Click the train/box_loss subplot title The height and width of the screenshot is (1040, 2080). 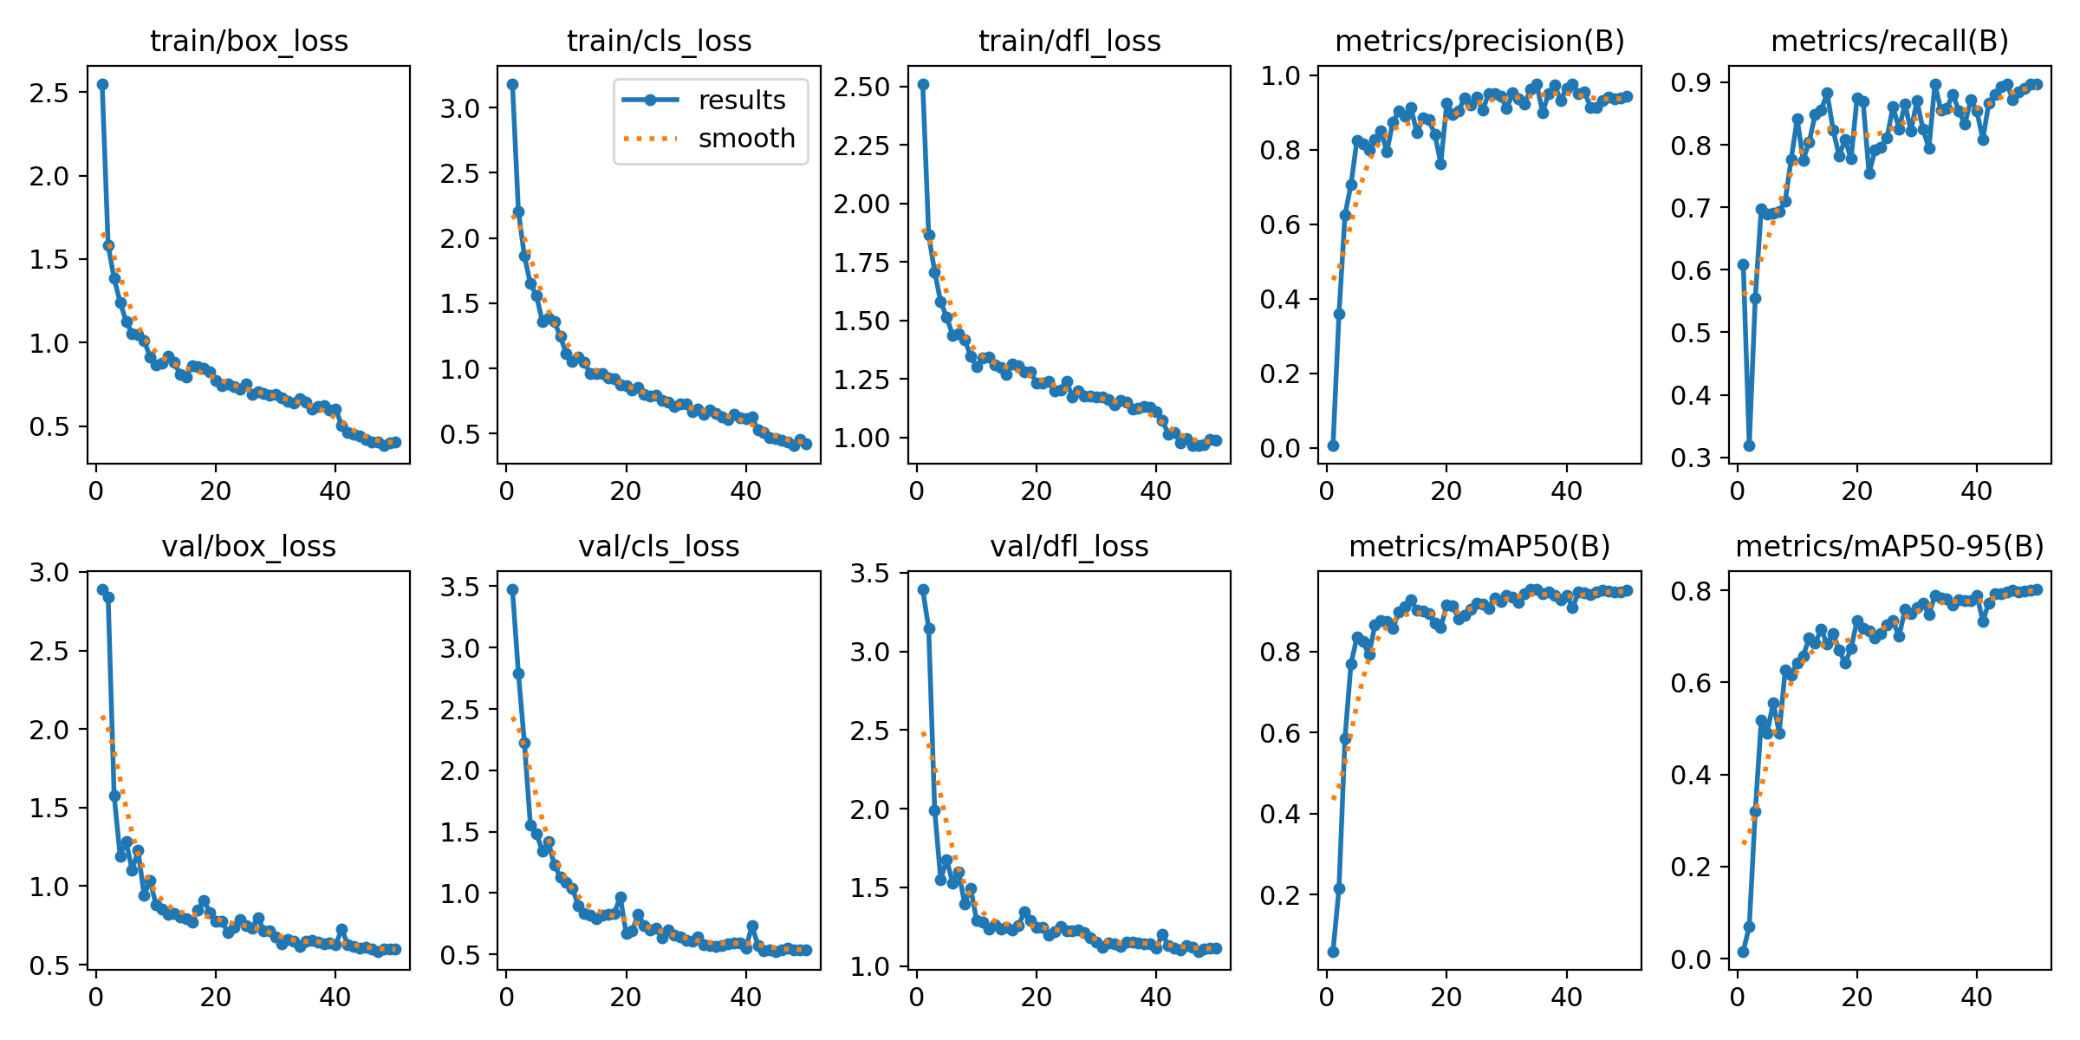click(x=249, y=41)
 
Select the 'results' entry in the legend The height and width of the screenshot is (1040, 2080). click(x=741, y=100)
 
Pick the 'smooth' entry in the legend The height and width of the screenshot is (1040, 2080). click(x=746, y=138)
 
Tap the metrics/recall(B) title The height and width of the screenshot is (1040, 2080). click(x=1889, y=41)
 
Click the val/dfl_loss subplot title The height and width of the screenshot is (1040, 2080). click(x=1069, y=546)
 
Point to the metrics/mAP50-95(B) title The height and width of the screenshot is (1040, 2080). click(x=1889, y=546)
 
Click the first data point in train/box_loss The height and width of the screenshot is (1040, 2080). click(x=102, y=84)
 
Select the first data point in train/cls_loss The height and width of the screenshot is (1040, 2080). click(x=512, y=84)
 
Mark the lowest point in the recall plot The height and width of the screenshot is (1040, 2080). click(x=1749, y=445)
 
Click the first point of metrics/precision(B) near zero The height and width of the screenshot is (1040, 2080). click(x=1333, y=445)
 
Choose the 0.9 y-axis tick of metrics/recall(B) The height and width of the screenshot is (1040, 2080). click(x=1690, y=83)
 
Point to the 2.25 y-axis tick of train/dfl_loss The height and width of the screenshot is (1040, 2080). click(x=861, y=146)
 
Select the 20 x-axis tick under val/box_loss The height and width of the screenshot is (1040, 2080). click(x=215, y=997)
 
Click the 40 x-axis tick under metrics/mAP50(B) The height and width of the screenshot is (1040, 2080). click(x=1566, y=997)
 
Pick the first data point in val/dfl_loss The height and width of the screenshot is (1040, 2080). click(x=923, y=589)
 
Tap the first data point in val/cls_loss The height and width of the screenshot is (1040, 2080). click(x=512, y=589)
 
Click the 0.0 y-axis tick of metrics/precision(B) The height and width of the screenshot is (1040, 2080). click(x=1281, y=448)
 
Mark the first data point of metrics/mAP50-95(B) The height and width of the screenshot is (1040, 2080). click(x=1743, y=952)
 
